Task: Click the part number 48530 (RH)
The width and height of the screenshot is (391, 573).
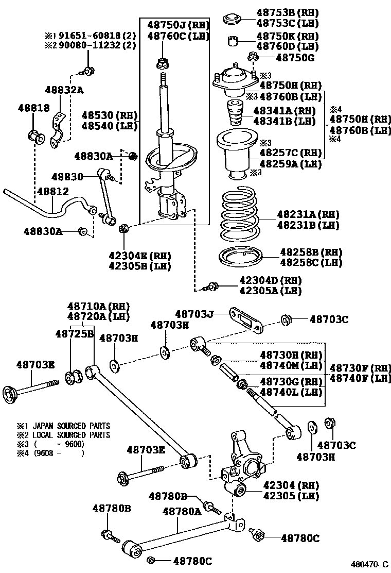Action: point(105,115)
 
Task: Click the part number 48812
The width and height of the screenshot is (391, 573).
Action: point(51,191)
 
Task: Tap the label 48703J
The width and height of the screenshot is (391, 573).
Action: point(193,314)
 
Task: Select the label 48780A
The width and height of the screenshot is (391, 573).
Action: point(182,511)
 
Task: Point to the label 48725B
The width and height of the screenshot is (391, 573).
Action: point(74,334)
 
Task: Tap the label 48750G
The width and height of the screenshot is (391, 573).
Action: point(295,58)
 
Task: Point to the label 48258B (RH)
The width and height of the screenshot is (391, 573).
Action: point(304,252)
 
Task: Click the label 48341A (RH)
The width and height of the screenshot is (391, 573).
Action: point(285,110)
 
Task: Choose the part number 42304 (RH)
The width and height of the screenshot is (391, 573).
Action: point(291,485)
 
